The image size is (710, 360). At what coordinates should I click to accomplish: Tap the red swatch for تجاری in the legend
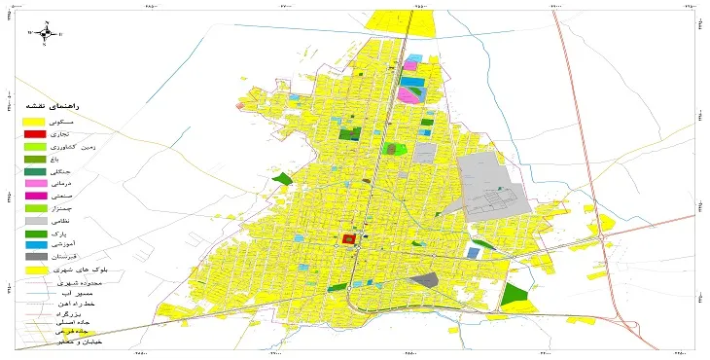(x=35, y=133)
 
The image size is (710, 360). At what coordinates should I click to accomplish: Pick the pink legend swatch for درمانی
(x=35, y=183)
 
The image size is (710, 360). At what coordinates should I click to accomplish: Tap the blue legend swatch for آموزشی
(x=35, y=245)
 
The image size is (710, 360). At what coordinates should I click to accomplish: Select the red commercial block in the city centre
(x=347, y=239)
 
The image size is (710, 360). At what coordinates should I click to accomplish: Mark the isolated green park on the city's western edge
(x=283, y=179)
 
